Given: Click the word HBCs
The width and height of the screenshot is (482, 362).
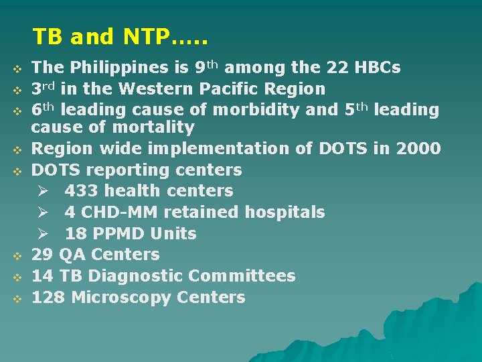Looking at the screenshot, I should (378, 68).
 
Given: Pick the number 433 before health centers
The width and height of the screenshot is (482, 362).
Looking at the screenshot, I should (79, 191).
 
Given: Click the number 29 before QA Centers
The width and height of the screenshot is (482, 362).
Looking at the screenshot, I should (43, 255).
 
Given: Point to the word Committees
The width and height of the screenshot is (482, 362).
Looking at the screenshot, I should (242, 276).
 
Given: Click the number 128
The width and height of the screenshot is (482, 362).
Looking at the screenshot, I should (48, 297).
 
